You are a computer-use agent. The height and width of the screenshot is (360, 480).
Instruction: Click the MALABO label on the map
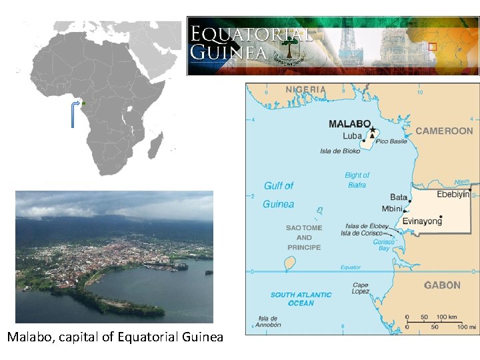click(349, 123)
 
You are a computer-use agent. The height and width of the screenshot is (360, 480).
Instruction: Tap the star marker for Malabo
click(373, 129)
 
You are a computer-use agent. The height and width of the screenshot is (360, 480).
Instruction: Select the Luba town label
click(352, 136)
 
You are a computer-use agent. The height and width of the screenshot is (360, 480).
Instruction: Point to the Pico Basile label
click(392, 141)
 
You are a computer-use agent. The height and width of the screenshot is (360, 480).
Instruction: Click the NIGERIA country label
click(306, 89)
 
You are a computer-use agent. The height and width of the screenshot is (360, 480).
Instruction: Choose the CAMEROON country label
click(444, 131)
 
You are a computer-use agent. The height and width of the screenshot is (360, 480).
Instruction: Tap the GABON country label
click(442, 285)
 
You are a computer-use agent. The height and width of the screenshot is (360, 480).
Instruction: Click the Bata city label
click(399, 197)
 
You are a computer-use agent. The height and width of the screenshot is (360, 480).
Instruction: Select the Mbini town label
click(393, 209)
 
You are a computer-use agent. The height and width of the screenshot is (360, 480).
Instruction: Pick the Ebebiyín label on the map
click(453, 195)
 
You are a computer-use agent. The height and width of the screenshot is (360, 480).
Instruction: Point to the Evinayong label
click(422, 221)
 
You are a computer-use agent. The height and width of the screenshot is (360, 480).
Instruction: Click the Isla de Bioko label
click(340, 151)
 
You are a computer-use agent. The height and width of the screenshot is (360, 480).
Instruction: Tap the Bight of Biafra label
click(357, 180)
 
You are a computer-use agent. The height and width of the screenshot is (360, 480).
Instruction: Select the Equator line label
click(351, 267)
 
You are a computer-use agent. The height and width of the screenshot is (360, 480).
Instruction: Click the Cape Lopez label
click(361, 288)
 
